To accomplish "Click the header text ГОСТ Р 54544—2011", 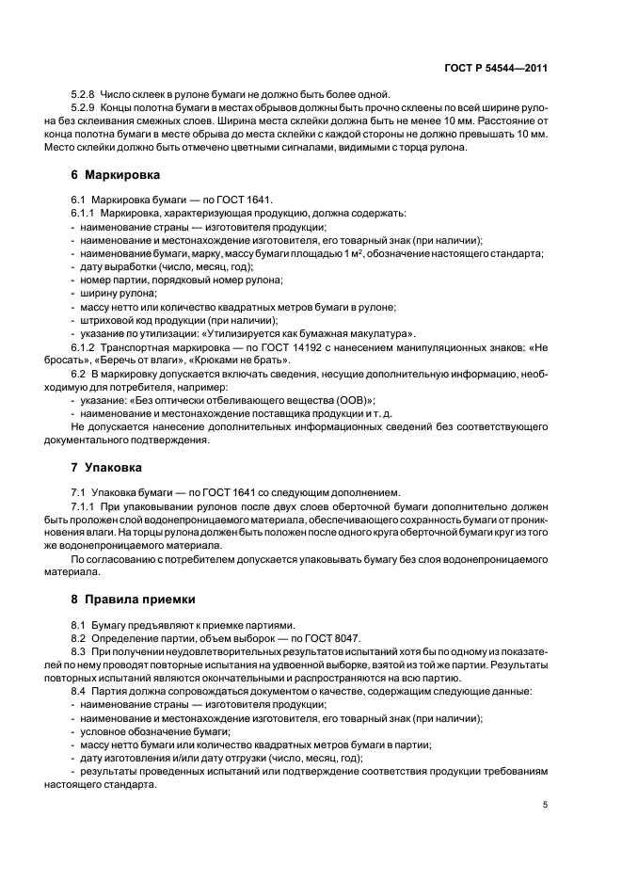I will tap(495, 68).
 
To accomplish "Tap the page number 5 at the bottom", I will tap(547, 805).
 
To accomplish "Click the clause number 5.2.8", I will tap(84, 94).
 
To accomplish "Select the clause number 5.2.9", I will tap(84, 108).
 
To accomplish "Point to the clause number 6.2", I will tap(79, 374).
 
